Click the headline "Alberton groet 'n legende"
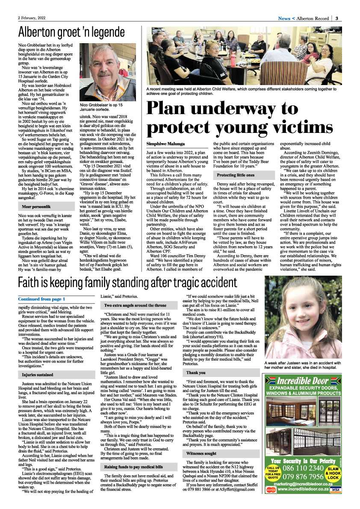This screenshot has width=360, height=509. (71, 32)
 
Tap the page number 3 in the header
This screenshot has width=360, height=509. (337, 18)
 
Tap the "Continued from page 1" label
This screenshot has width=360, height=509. (41, 299)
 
